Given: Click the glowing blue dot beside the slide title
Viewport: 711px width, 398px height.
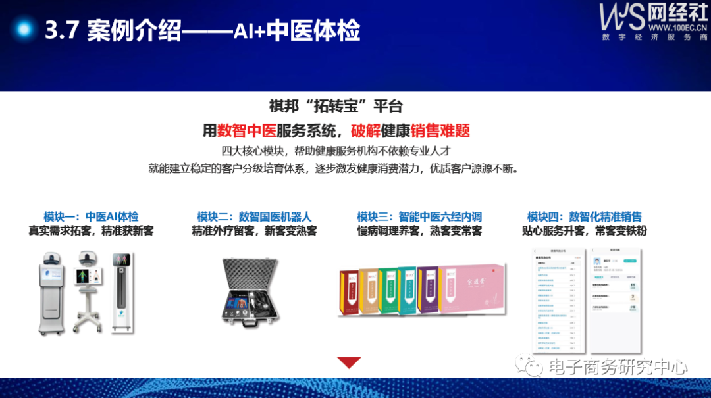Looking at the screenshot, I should click(x=24, y=30).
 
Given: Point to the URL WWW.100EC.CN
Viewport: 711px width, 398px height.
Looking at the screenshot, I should click(x=678, y=28).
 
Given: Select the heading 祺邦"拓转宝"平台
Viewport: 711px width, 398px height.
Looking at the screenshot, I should click(x=336, y=106).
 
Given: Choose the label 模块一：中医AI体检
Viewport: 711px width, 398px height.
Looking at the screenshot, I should click(x=91, y=216).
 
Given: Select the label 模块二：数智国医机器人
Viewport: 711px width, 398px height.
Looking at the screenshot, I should click(x=254, y=216).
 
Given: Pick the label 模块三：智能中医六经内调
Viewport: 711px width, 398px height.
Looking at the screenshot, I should click(x=419, y=216).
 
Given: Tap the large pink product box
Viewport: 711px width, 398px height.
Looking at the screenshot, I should click(x=473, y=290).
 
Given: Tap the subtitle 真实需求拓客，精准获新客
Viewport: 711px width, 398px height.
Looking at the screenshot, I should click(x=91, y=231).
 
